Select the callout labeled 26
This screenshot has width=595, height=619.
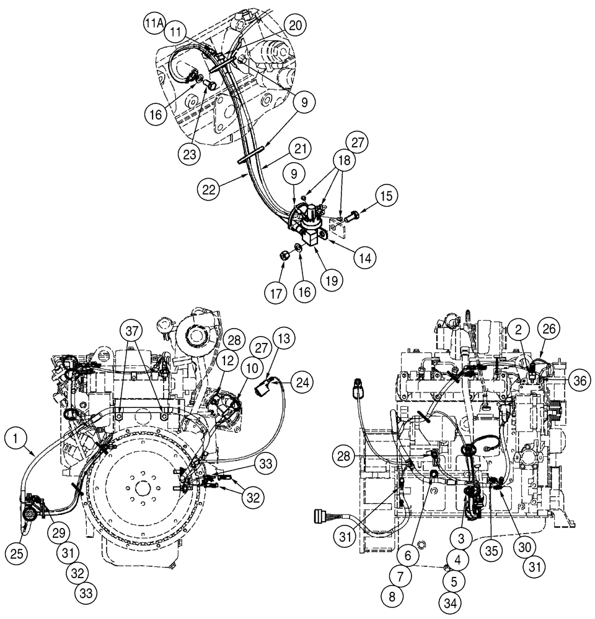pyautogui.click(x=549, y=328)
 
